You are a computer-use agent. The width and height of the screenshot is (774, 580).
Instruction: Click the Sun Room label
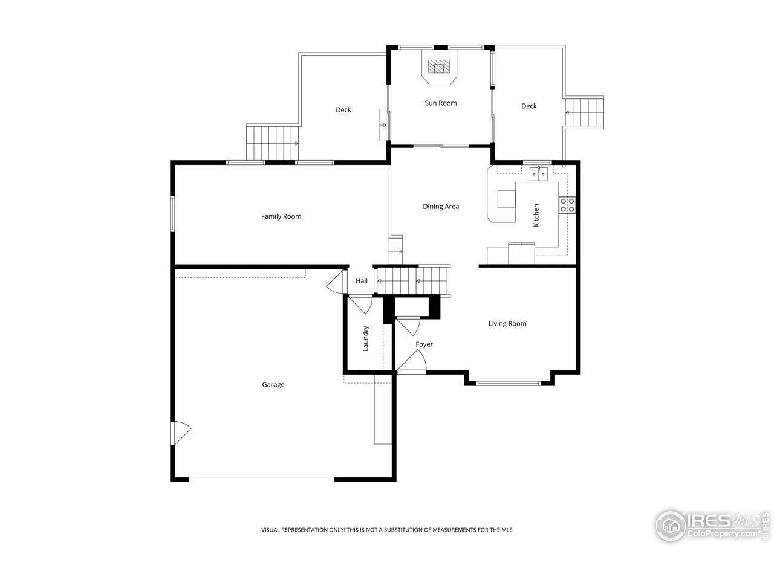pos(440,103)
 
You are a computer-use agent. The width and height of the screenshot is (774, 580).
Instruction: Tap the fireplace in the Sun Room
pos(440,66)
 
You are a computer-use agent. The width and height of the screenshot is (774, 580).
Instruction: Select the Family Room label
pos(281,216)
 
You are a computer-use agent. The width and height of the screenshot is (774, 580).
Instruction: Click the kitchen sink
pos(538,175)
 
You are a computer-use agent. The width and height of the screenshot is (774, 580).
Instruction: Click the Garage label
pos(273,385)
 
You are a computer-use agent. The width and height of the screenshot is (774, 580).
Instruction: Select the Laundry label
pos(366,339)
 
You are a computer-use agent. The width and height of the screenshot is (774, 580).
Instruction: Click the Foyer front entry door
pos(412,364)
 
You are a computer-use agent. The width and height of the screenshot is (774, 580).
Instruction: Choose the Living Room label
pos(507,324)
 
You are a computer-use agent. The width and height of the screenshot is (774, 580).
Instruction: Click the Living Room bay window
pos(508,383)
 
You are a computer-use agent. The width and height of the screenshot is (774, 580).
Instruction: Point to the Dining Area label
pos(440,207)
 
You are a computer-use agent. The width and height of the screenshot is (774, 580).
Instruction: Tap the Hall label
pos(362,281)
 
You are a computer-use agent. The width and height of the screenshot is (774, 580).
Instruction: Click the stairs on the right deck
pos(585,112)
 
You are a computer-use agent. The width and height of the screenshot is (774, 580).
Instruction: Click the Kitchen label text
pos(536,215)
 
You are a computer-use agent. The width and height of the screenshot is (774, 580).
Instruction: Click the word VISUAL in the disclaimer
pos(272,530)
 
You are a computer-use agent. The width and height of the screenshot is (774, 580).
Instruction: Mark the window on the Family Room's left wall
pos(172,214)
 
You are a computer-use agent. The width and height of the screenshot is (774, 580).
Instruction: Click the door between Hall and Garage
pos(334,282)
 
